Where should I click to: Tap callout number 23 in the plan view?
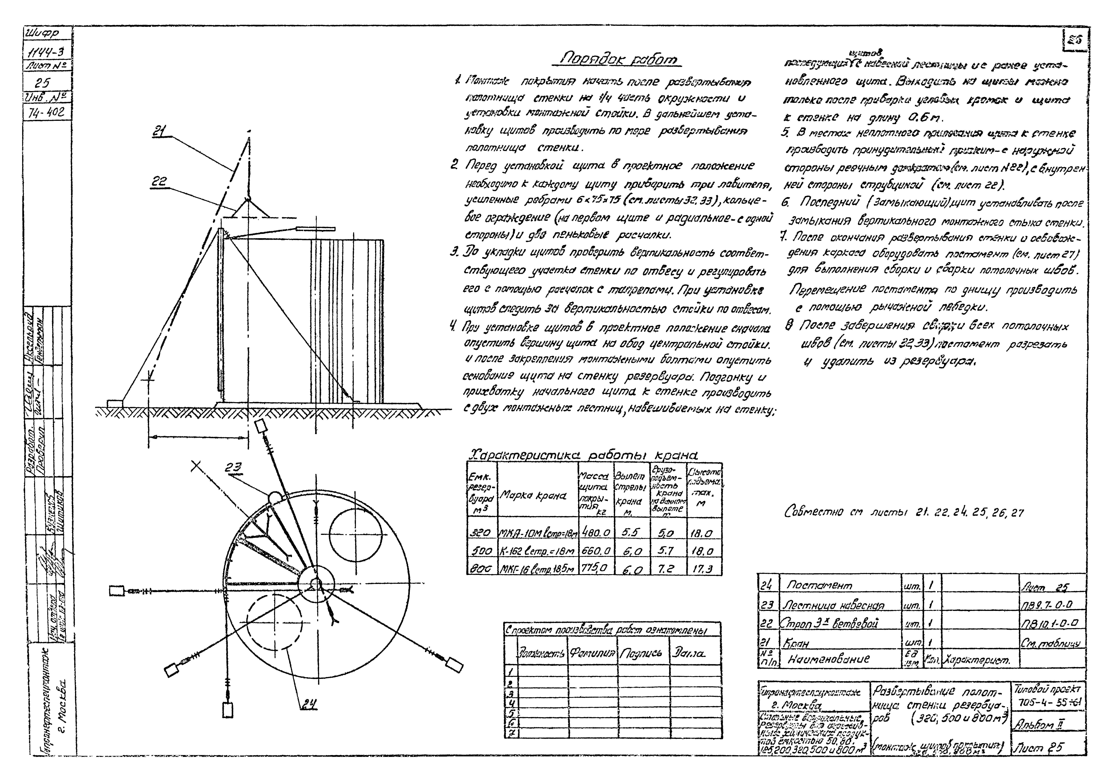click(234, 468)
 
